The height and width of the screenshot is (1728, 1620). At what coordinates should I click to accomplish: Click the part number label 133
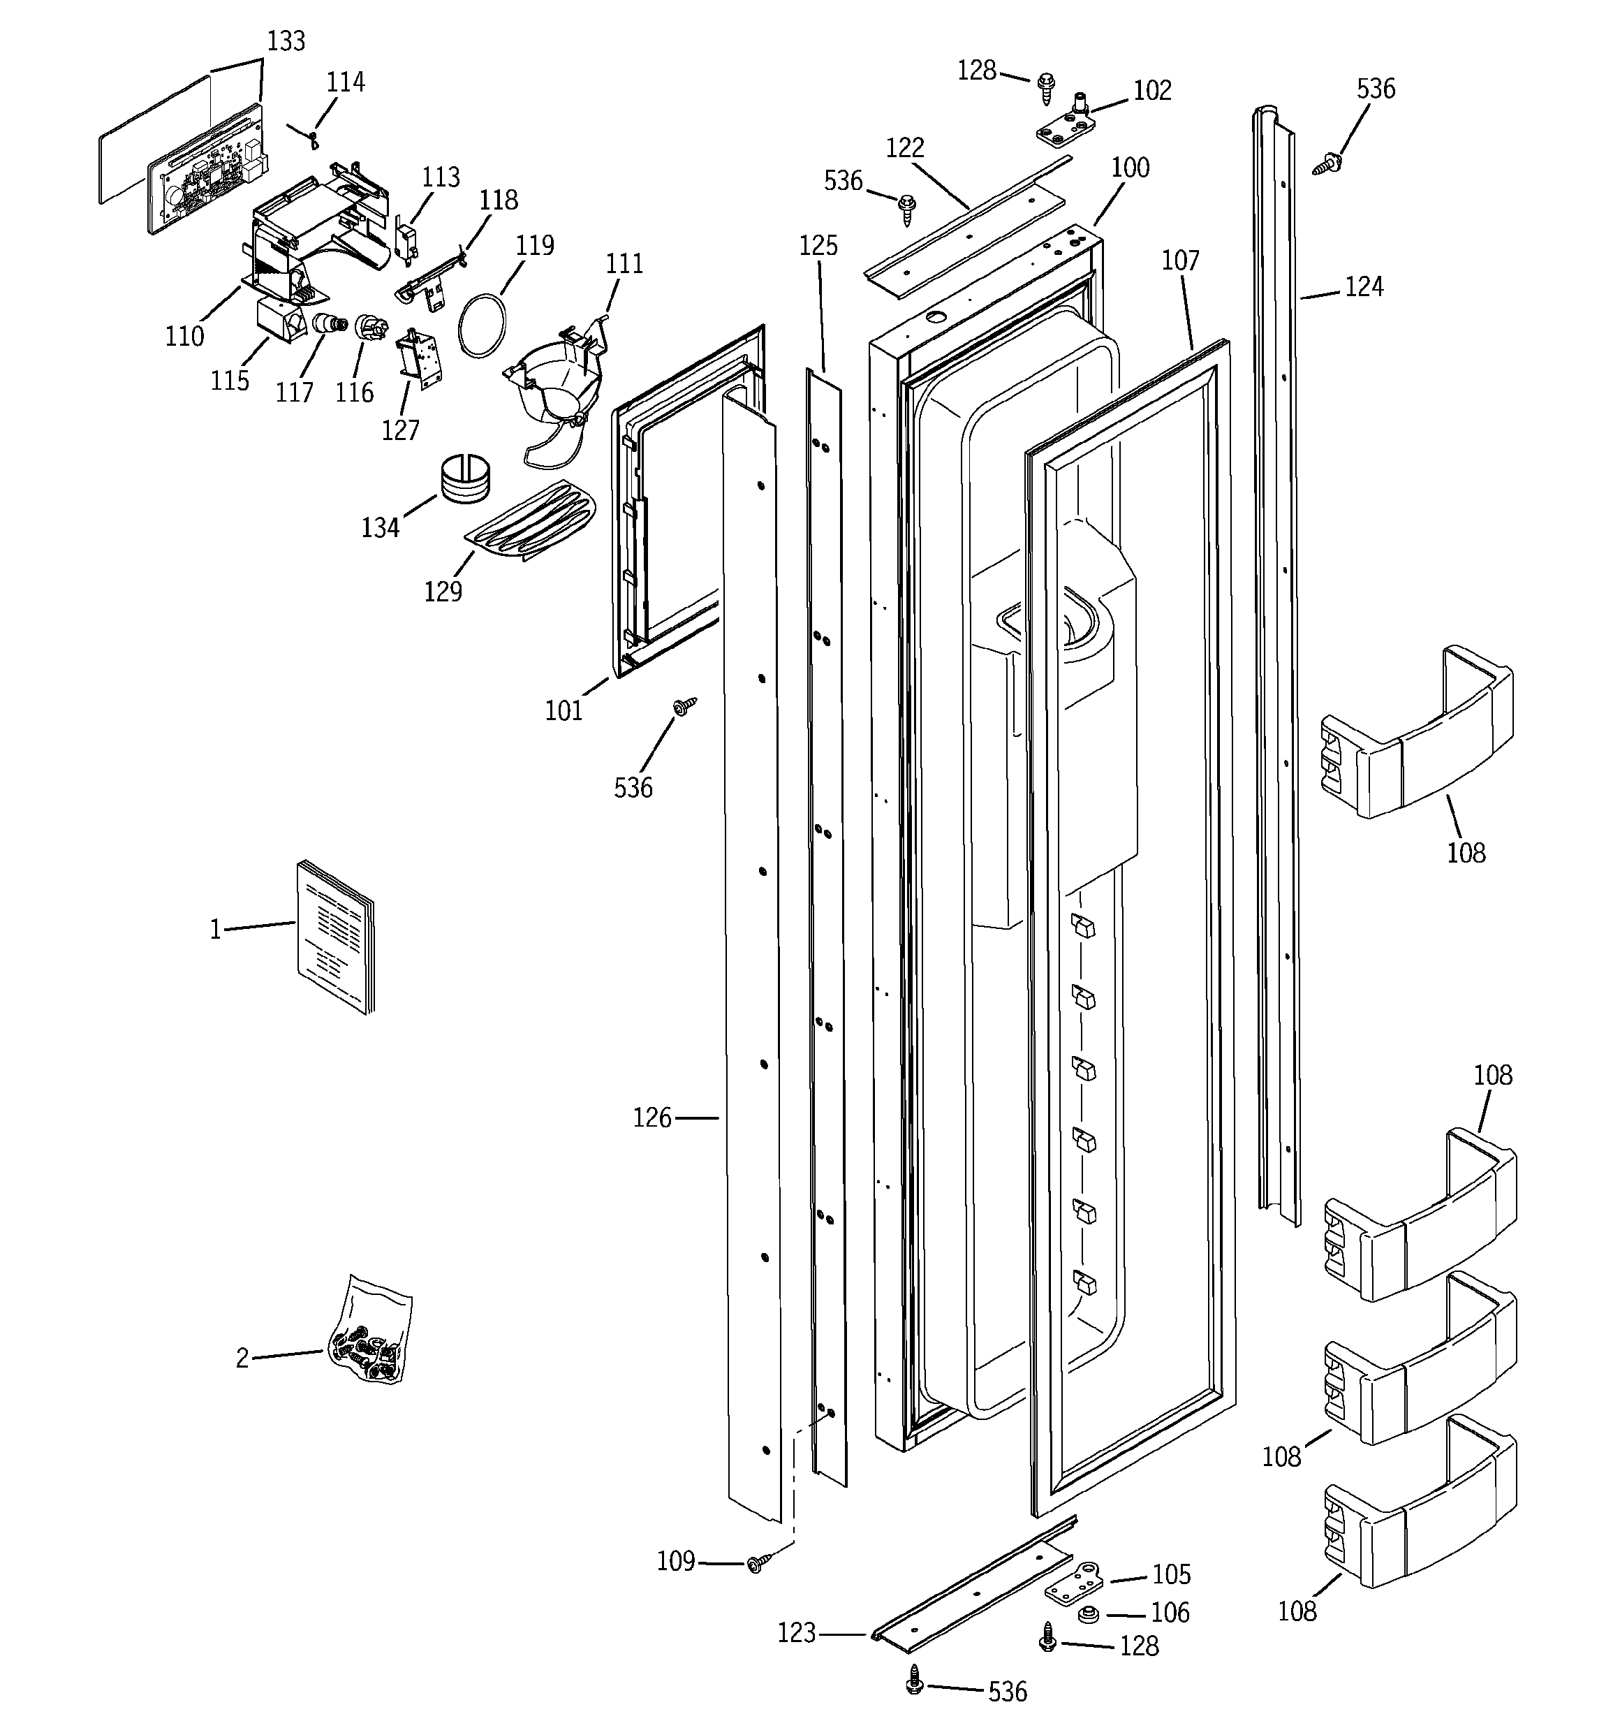pos(286,41)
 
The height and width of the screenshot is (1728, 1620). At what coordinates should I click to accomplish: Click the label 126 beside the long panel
pos(651,1118)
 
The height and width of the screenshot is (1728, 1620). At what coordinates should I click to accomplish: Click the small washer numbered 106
pos(1087,1615)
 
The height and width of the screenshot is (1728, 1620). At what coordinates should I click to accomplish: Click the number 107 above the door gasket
pos(1180,260)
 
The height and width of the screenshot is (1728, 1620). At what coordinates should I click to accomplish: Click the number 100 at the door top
pos(1130,167)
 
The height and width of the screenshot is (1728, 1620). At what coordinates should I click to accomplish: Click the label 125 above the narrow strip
pos(818,246)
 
